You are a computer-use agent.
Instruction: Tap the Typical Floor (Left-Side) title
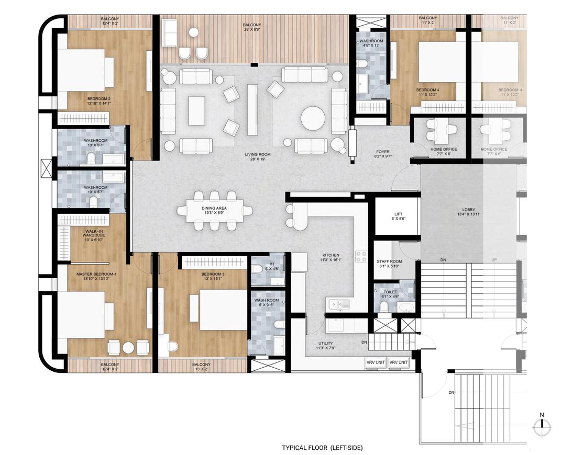click(322, 448)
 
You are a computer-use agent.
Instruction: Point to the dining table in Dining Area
click(214, 211)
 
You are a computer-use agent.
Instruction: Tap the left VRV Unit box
click(376, 362)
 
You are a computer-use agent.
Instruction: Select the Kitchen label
click(331, 257)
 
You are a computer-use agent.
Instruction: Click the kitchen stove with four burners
click(361, 256)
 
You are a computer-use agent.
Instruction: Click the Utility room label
click(325, 346)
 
